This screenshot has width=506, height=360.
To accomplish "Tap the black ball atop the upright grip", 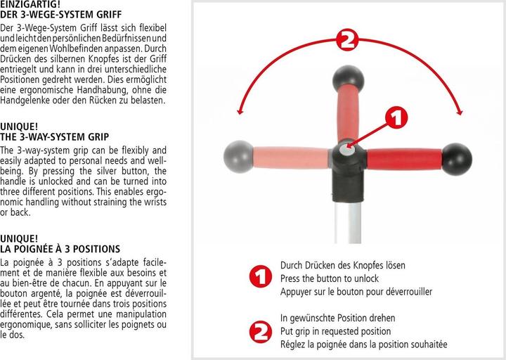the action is click(x=348, y=79).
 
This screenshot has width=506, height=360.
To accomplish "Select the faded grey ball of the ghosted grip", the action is click(x=239, y=156).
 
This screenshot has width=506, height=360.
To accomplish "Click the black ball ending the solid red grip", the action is click(x=457, y=159).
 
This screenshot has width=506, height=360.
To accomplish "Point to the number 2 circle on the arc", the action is click(x=347, y=39).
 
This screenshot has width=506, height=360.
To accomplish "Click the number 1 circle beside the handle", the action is click(x=396, y=117).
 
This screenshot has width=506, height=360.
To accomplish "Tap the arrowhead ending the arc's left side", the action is click(x=239, y=111).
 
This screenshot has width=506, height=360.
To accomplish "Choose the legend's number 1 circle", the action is click(x=260, y=276).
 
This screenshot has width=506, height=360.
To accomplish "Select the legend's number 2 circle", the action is click(x=260, y=332).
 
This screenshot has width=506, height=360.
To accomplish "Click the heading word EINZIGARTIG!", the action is click(x=30, y=4).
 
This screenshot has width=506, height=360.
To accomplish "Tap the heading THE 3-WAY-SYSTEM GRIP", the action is click(x=55, y=137).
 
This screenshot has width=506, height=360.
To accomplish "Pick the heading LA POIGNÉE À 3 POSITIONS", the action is click(x=60, y=249).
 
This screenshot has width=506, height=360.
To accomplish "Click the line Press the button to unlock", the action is click(x=329, y=278).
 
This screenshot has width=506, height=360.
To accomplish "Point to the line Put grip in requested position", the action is click(x=335, y=331).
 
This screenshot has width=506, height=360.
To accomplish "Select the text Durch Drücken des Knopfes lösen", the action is click(x=342, y=265).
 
